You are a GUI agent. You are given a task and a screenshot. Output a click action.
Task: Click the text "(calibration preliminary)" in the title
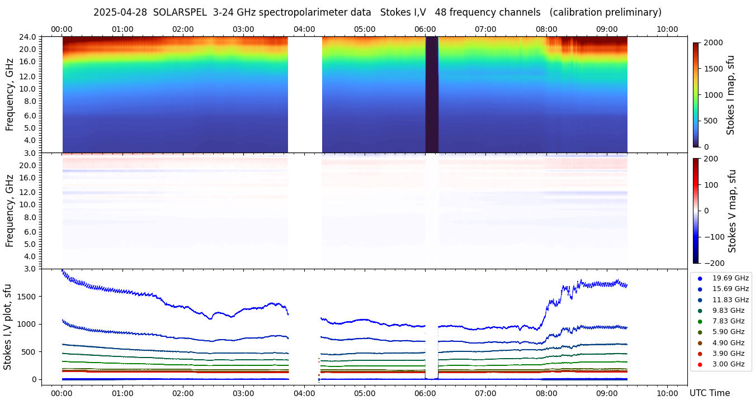click(x=606, y=12)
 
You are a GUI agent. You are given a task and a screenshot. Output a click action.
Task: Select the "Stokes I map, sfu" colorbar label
click(x=730, y=95)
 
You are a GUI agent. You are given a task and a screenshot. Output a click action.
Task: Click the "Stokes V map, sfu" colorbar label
click(x=732, y=211)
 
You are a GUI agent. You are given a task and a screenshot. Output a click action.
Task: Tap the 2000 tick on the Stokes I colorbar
click(x=712, y=42)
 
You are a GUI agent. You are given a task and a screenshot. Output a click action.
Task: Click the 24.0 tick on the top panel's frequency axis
click(x=29, y=37)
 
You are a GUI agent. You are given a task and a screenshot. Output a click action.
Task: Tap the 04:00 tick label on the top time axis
click(x=304, y=29)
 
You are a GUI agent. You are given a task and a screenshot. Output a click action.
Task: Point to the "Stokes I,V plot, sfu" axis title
click(x=8, y=327)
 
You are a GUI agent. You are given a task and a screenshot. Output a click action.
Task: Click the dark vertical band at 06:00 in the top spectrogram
click(x=432, y=95)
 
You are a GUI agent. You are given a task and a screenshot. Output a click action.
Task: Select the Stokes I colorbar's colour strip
click(x=696, y=95)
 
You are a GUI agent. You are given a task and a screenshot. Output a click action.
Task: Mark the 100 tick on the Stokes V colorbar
click(x=712, y=184)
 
